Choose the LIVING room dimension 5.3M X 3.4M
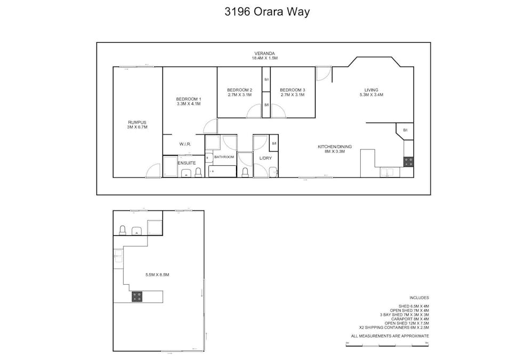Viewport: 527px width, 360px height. [371, 95]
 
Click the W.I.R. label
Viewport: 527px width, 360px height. [185, 144]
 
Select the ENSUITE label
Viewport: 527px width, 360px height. [186, 163]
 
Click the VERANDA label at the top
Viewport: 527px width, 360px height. [264, 53]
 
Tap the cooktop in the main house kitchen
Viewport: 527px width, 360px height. [409, 161]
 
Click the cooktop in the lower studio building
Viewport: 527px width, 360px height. [137, 297]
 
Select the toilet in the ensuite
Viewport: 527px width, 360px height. [198, 172]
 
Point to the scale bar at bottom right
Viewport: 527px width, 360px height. [387, 345]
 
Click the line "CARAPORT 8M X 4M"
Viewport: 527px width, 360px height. [410, 319]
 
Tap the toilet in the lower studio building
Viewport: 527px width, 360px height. [122, 229]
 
